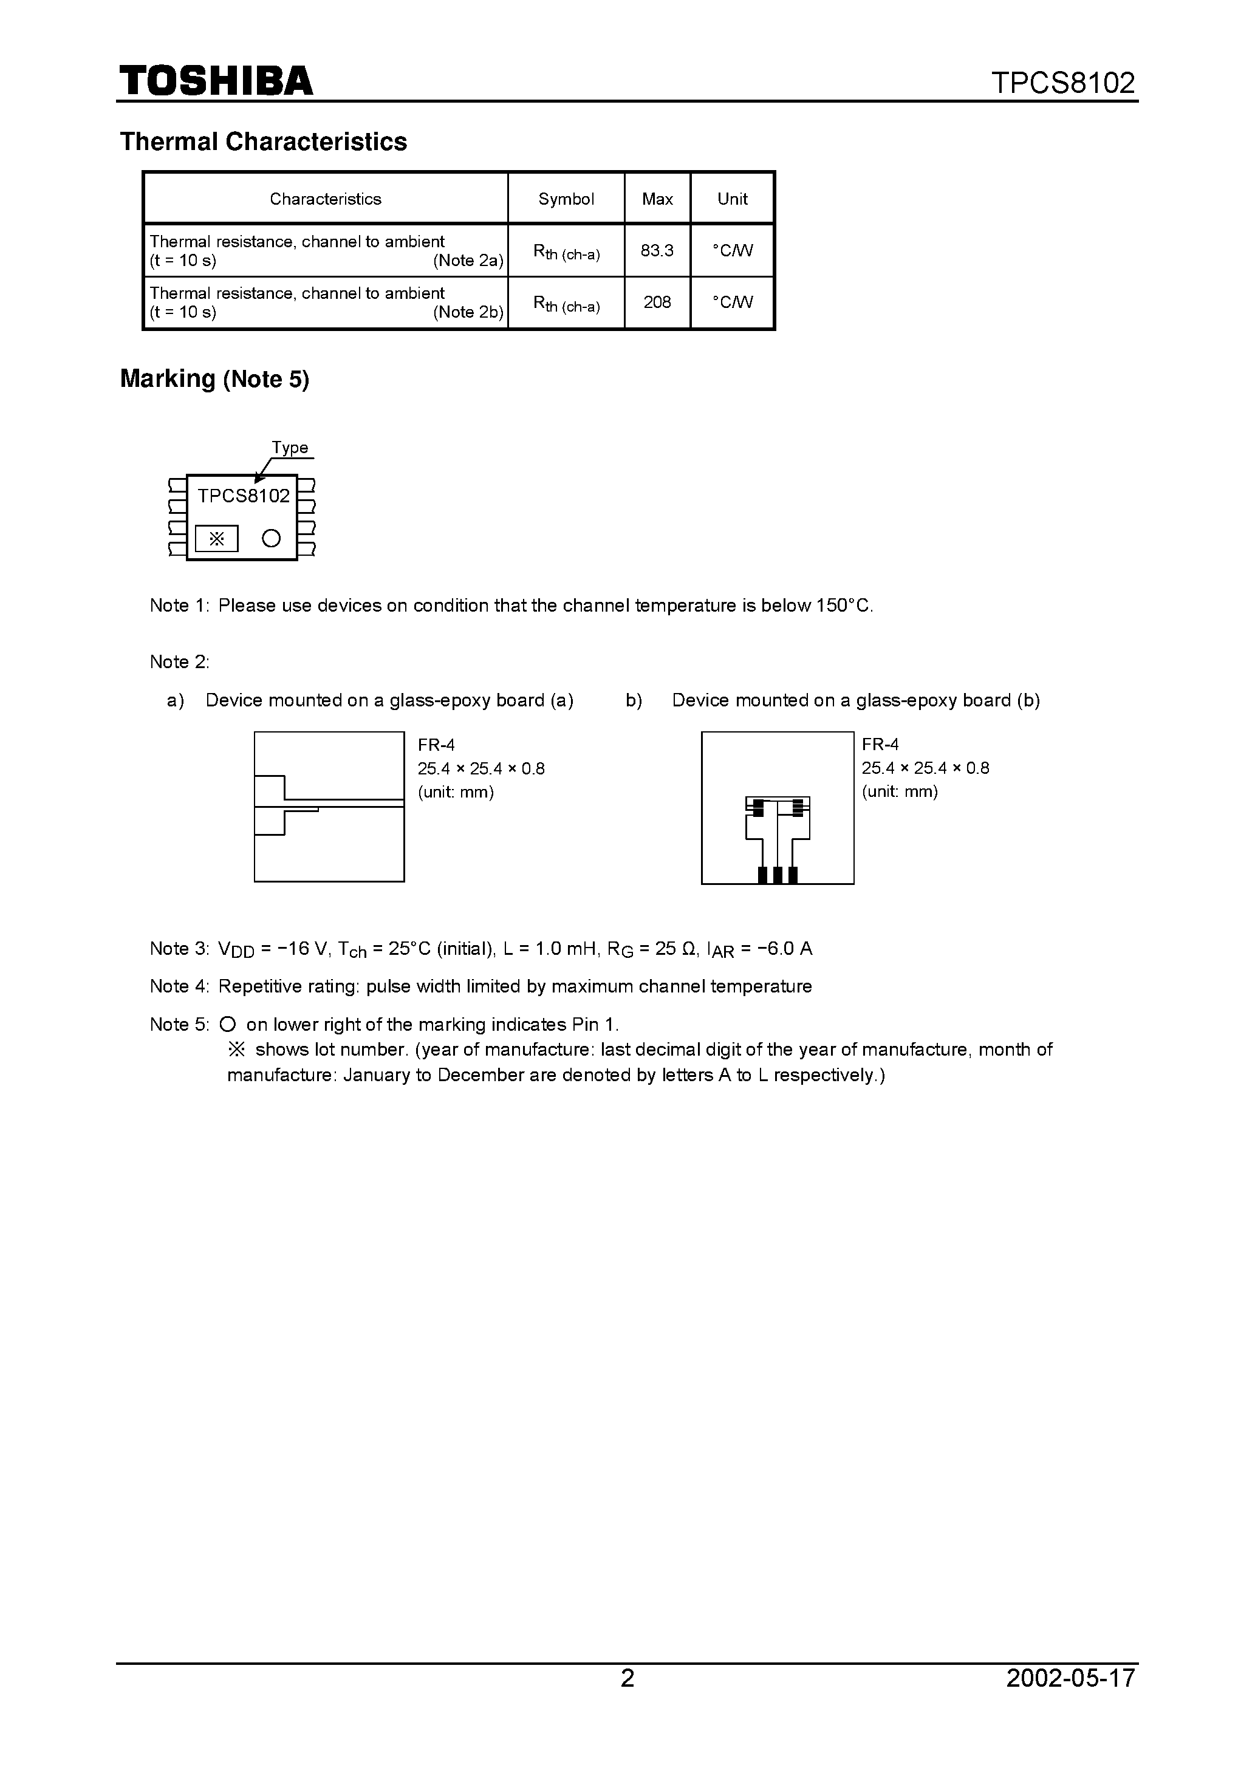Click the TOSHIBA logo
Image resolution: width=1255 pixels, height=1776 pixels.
point(216,80)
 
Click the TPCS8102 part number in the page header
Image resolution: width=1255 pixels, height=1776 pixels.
point(1062,83)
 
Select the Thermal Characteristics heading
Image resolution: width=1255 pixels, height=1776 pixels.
point(263,142)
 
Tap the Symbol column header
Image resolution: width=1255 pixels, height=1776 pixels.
point(566,199)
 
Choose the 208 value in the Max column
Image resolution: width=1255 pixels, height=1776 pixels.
point(657,302)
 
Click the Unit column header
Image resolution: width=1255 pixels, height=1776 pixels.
point(732,199)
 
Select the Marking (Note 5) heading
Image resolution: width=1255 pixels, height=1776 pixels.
point(214,379)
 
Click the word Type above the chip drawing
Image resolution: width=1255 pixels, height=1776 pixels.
point(289,448)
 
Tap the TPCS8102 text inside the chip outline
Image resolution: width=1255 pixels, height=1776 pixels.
point(243,496)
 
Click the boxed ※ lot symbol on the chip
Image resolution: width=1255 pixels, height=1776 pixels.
point(217,538)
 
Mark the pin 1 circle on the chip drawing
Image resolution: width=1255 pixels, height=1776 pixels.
point(271,538)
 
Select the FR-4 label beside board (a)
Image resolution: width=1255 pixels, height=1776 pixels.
point(436,745)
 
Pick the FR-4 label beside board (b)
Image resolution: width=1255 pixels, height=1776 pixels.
point(881,744)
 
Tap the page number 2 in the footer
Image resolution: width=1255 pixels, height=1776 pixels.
point(627,1678)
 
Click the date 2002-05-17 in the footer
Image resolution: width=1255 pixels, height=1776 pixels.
point(1070,1678)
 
